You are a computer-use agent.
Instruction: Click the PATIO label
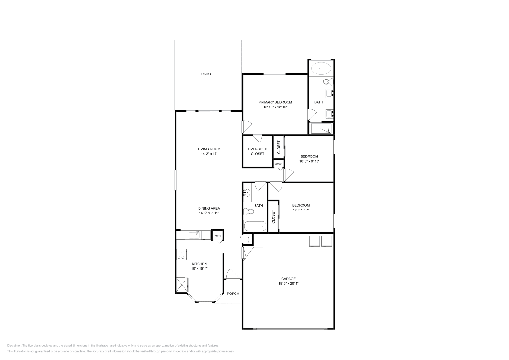pos(206,74)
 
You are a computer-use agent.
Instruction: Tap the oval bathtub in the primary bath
pos(321,68)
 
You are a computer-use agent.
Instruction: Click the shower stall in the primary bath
pos(321,129)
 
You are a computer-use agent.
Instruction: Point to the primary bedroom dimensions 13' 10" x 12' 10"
pos(275,107)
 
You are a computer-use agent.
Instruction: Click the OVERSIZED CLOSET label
pos(257,151)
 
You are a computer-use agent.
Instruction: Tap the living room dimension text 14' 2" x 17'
pos(209,154)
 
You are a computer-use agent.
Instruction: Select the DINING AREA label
pos(209,209)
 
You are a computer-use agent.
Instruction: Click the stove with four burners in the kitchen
pos(181,254)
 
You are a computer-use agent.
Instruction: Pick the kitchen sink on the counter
pos(194,235)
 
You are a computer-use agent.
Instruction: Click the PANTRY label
pos(218,236)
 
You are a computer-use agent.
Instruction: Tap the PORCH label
pos(233,294)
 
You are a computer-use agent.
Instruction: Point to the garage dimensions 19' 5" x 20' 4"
pos(288,283)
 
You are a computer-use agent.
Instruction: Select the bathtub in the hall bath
pos(255,226)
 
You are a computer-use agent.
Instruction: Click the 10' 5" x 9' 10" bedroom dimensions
pos(309,161)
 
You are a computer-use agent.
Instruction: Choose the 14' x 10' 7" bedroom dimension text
pos(301,210)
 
